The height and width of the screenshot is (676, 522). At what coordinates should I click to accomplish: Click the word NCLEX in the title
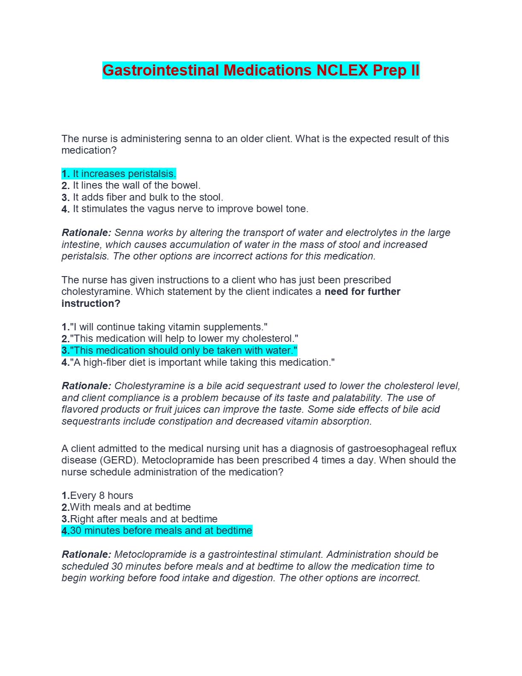coord(342,70)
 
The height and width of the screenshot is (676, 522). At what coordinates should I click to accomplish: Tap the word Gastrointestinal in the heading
coord(161,70)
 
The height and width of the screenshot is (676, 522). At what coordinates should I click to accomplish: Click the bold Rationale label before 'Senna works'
coord(86,233)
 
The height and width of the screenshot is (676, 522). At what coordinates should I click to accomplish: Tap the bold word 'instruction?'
coord(91,303)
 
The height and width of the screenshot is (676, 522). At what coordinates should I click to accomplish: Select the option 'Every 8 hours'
coord(101,495)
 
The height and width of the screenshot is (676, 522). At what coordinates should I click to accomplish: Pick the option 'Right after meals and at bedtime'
coord(144,519)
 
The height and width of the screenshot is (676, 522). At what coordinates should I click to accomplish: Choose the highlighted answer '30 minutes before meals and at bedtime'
coord(161,530)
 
